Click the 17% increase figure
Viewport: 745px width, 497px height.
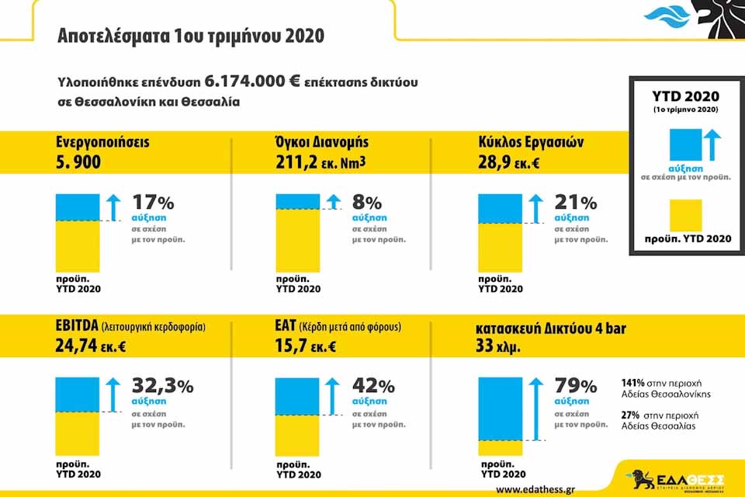click(153, 203)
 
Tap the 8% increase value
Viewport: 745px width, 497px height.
click(367, 203)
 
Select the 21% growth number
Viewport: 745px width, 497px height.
click(575, 203)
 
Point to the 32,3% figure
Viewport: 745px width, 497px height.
click(162, 386)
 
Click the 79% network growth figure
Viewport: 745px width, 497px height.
click(575, 386)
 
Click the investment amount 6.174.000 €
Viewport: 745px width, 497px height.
click(252, 82)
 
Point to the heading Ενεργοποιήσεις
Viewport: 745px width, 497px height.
click(102, 143)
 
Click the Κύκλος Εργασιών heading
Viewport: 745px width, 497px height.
click(532, 143)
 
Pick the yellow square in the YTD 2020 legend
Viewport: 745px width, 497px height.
click(681, 215)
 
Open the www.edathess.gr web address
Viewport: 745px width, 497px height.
click(535, 489)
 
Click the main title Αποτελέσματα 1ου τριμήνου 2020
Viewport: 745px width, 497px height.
click(191, 36)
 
